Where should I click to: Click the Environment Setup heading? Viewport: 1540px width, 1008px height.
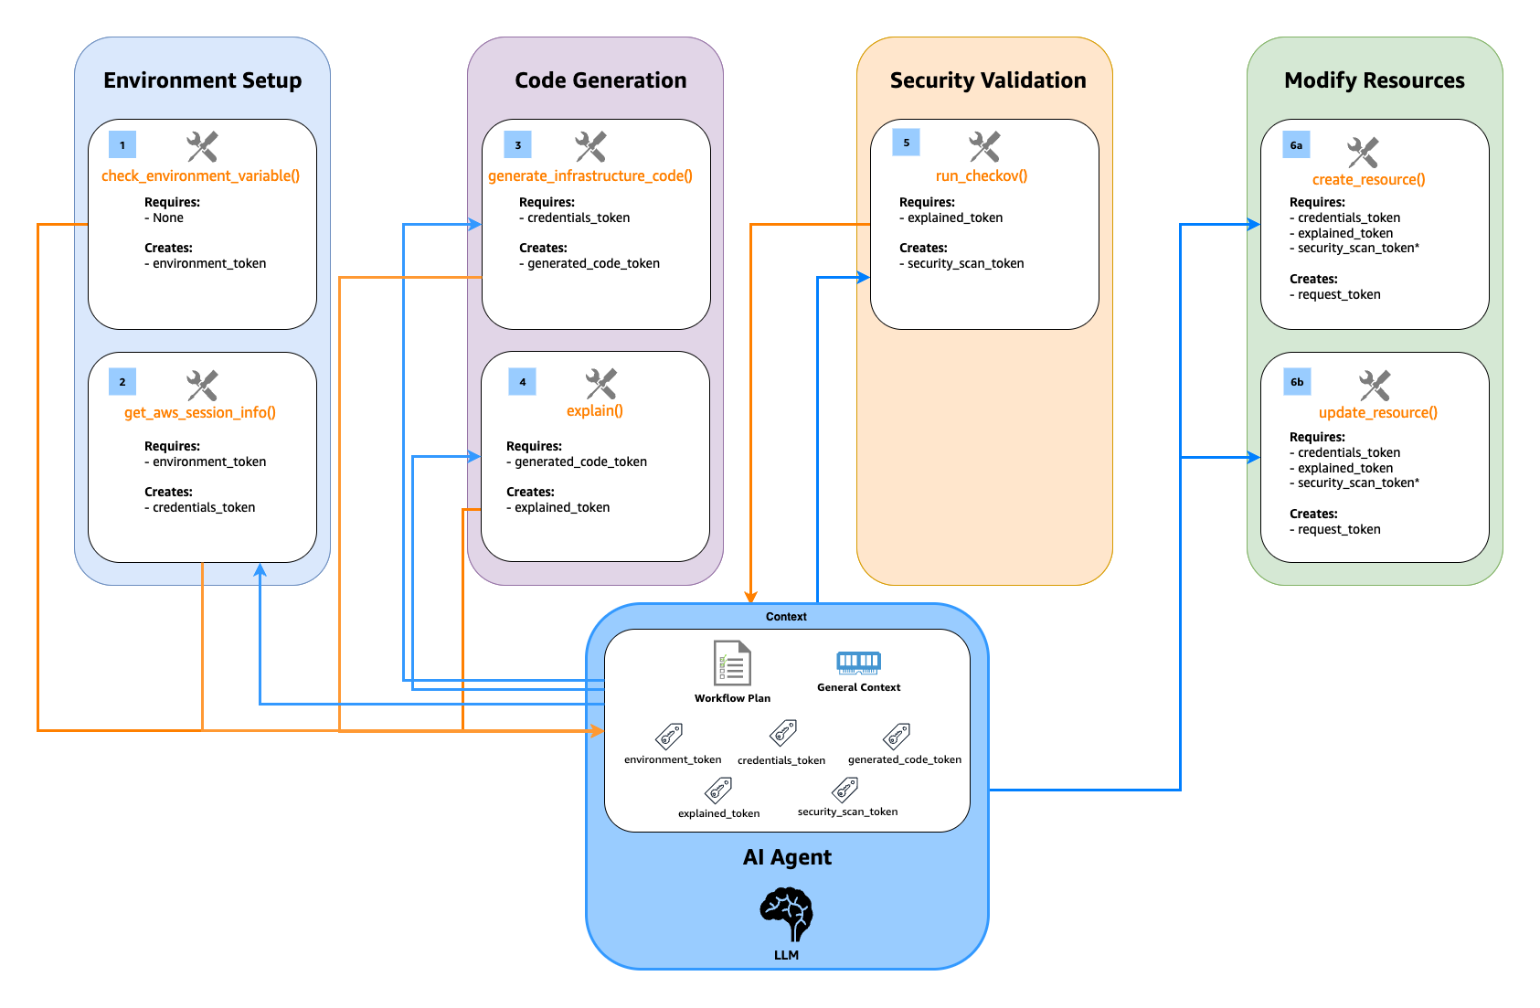pyautogui.click(x=202, y=80)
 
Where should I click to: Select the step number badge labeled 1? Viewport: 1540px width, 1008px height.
pyautogui.click(x=122, y=145)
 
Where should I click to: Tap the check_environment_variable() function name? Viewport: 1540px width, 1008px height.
pyautogui.click(x=200, y=175)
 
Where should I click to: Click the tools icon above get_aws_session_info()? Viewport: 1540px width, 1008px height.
pyautogui.click(x=202, y=385)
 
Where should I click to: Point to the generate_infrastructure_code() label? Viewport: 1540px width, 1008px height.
pyautogui.click(x=590, y=175)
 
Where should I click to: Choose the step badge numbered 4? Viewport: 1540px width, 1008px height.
pyautogui.click(x=522, y=382)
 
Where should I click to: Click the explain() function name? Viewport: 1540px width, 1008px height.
pyautogui.click(x=595, y=411)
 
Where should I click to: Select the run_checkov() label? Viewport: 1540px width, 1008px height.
pyautogui.click(x=982, y=175)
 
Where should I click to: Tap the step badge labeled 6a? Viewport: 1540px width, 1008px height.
pyautogui.click(x=1296, y=145)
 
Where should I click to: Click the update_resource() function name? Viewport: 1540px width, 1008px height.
pyautogui.click(x=1377, y=413)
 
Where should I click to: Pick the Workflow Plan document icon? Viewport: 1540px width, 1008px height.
pyautogui.click(x=732, y=663)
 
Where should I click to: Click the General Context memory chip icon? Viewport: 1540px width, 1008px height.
pyautogui.click(x=858, y=663)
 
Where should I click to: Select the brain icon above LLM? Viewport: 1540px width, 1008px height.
pyautogui.click(x=786, y=915)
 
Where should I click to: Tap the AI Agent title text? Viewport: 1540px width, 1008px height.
pyautogui.click(x=787, y=857)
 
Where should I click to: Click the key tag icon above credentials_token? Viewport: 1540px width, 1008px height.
pyautogui.click(x=783, y=733)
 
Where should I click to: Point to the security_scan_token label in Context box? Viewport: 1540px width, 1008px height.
pyautogui.click(x=847, y=812)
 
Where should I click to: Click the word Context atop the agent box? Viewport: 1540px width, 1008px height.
pyautogui.click(x=786, y=617)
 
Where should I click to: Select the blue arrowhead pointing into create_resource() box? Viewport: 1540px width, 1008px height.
pyautogui.click(x=1254, y=224)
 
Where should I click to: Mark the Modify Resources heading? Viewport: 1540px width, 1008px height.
pyautogui.click(x=1374, y=80)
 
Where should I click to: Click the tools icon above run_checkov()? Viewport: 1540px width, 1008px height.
pyautogui.click(x=984, y=145)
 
